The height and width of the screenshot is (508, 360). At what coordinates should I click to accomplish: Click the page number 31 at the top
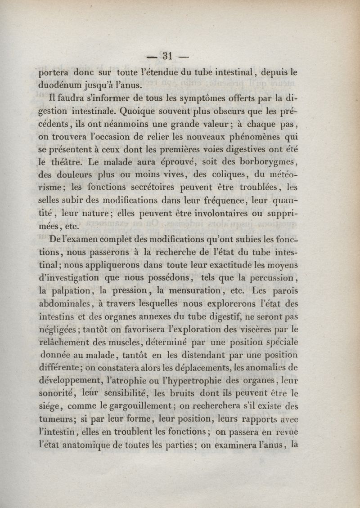click(x=168, y=56)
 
